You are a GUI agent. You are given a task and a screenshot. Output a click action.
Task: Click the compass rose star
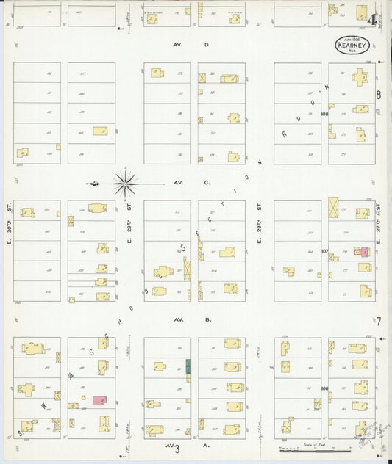pos(126,182)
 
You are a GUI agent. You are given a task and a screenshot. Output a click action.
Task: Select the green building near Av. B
pos(188,365)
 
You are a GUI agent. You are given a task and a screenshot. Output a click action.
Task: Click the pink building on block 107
pos(363,251)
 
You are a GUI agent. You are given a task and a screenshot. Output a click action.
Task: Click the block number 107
pos(324,251)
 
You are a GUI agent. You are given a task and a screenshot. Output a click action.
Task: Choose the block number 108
pos(324,115)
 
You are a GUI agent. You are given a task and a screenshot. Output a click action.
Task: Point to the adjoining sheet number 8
pos(379,95)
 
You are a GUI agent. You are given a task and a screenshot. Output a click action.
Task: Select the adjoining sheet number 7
pos(379,321)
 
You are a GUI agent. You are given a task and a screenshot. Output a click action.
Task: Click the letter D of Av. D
pos(207,45)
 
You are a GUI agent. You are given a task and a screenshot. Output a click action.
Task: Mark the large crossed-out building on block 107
pos(334,208)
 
